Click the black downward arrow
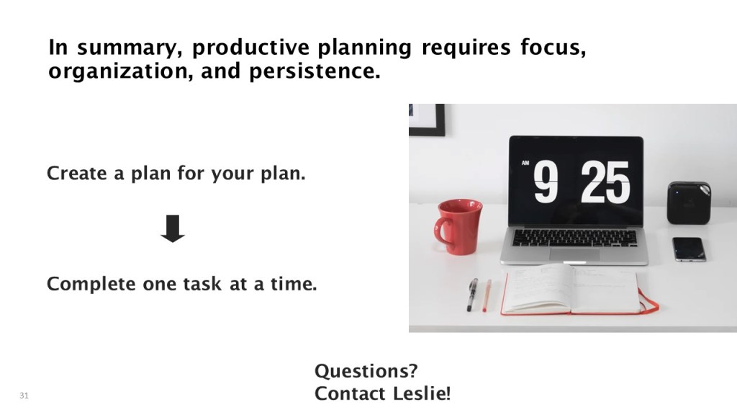(x=173, y=228)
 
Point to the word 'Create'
(x=76, y=173)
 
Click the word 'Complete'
(x=91, y=284)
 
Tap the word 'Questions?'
(x=366, y=371)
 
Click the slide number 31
(x=24, y=396)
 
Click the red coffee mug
(x=458, y=226)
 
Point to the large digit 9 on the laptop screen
(x=546, y=182)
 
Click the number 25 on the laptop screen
(x=605, y=182)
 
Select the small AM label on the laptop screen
(x=525, y=164)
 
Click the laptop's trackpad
(x=574, y=254)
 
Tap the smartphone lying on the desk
(x=689, y=249)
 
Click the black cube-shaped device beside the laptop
(x=689, y=202)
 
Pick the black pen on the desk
(x=472, y=295)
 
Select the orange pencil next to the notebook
(x=487, y=295)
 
